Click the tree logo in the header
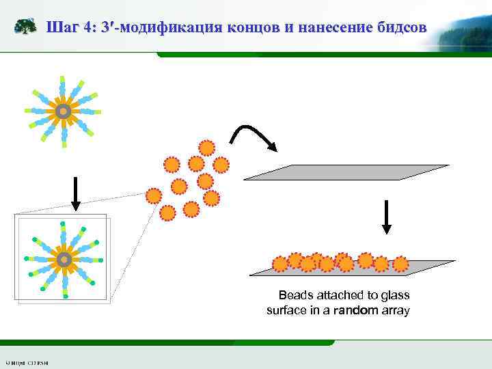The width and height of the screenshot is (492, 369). point(26,27)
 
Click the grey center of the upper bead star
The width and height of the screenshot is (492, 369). point(63,111)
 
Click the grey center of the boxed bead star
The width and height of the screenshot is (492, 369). point(64,260)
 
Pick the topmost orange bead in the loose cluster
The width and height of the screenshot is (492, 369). point(206,148)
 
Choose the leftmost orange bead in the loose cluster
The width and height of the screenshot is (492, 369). point(154,196)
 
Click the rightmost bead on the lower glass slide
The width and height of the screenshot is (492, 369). point(400,264)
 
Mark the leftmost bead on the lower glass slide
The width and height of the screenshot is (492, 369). point(280,264)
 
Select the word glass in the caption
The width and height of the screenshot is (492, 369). point(396,295)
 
